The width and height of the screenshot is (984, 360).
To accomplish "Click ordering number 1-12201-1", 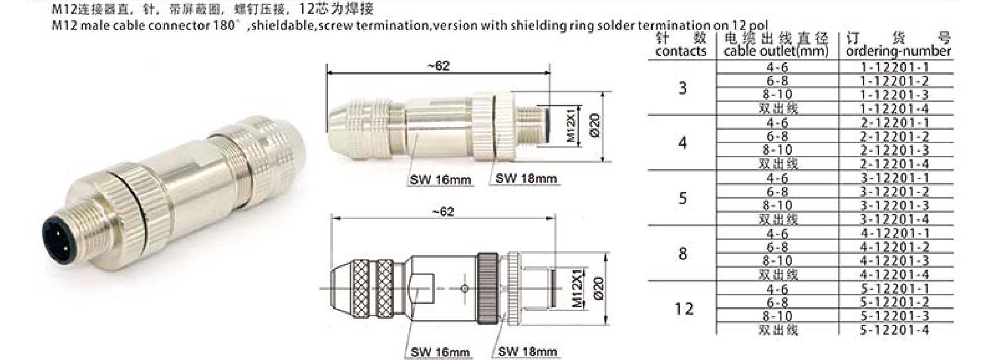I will pyautogui.click(x=894, y=67).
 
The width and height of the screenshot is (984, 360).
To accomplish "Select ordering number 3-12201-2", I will pyautogui.click(x=894, y=192).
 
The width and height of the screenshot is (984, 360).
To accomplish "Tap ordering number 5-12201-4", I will pyautogui.click(x=894, y=330).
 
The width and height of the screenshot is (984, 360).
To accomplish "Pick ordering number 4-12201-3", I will pyautogui.click(x=894, y=261).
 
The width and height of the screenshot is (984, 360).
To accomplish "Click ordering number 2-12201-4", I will pyautogui.click(x=894, y=164).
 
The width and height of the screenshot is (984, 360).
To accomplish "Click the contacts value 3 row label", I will pyautogui.click(x=682, y=88).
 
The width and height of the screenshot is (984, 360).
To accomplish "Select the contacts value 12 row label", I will pyautogui.click(x=684, y=309).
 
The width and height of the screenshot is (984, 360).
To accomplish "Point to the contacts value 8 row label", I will pyautogui.click(x=683, y=254).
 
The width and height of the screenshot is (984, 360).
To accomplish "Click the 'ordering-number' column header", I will pyautogui.click(x=898, y=51).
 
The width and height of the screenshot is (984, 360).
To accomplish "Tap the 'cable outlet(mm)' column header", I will pyautogui.click(x=776, y=51).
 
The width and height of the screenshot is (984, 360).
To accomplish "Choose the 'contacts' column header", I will pyautogui.click(x=681, y=51).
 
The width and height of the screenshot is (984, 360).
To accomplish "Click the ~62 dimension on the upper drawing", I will pyautogui.click(x=439, y=66).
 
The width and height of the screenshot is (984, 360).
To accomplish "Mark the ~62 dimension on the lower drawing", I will pyautogui.click(x=443, y=212).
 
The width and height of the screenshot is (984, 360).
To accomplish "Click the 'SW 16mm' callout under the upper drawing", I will pyautogui.click(x=440, y=180).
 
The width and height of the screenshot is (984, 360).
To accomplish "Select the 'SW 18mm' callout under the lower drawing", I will pyautogui.click(x=527, y=352).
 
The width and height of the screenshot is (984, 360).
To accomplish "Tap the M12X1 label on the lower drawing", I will pyautogui.click(x=578, y=288).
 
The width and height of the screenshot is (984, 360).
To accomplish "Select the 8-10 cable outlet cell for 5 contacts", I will pyautogui.click(x=777, y=206).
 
